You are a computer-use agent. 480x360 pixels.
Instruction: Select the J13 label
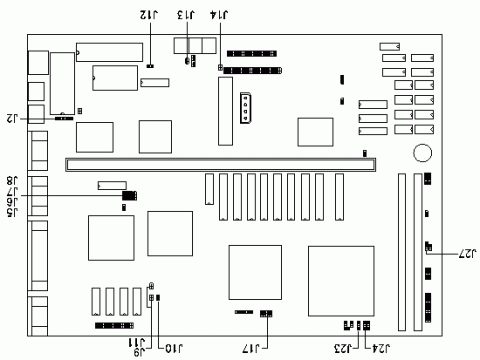tap(187, 15)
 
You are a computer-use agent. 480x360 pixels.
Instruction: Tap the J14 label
tap(218, 15)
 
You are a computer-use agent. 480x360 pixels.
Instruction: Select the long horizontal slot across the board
tap(216, 160)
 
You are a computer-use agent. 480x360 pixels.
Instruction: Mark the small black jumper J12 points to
tap(150, 67)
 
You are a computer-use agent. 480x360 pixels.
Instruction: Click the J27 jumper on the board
tap(428, 245)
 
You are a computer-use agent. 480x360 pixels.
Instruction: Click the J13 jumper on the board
tap(188, 61)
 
